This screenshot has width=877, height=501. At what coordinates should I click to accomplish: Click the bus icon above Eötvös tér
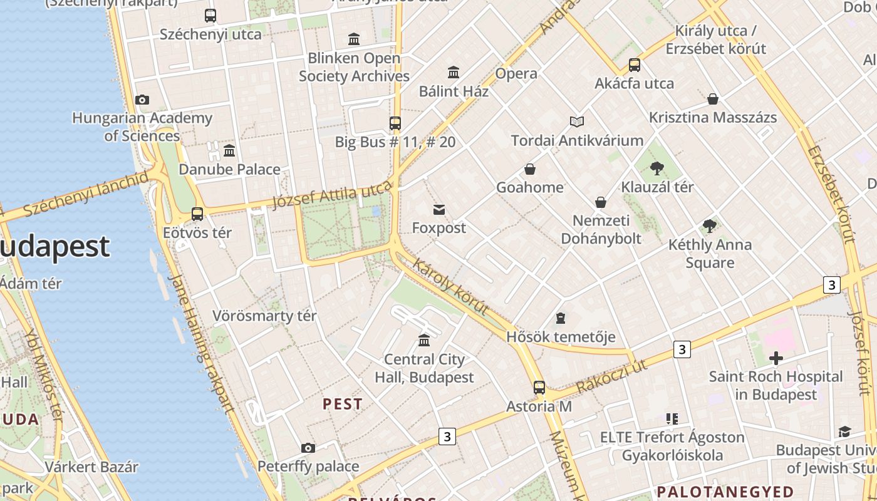pos(197,214)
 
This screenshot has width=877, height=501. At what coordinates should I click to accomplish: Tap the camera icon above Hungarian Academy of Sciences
pos(142,100)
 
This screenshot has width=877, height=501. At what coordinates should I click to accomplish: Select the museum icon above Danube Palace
pos(229,151)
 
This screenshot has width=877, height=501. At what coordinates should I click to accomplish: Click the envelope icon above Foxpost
pos(439,210)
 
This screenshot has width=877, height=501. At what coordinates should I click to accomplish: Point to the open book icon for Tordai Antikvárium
pos(577,121)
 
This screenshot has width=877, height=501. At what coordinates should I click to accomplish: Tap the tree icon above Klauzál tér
pos(657,168)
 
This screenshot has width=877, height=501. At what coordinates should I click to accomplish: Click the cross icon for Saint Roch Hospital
pos(776,358)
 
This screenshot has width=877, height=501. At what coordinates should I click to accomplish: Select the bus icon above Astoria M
pos(539,388)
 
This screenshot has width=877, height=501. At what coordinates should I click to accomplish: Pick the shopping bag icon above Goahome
pos(530,169)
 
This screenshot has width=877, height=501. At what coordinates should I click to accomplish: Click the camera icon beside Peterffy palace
pos(308,448)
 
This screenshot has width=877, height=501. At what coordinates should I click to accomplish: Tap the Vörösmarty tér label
pos(264,316)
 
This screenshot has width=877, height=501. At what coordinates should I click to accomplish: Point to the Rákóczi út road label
pos(611,376)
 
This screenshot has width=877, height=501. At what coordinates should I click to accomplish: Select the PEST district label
pos(343,404)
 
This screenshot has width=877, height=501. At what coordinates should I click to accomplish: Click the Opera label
pos(516,73)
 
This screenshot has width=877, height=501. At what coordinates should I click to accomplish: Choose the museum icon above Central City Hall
pos(424,341)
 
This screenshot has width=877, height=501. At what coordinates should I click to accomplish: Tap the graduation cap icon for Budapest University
pos(844,431)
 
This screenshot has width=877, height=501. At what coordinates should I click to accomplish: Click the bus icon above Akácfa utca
pos(635,65)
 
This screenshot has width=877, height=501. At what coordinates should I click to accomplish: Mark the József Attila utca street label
pos(333,196)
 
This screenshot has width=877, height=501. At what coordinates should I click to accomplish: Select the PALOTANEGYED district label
pos(725,492)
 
